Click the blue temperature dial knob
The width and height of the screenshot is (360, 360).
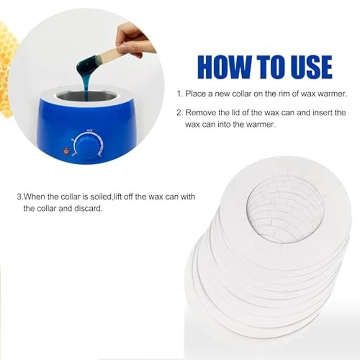[x=89, y=146]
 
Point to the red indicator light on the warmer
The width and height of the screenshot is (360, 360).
[x=66, y=151]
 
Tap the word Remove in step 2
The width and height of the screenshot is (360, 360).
[x=201, y=112]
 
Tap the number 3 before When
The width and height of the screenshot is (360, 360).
[x=19, y=197]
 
